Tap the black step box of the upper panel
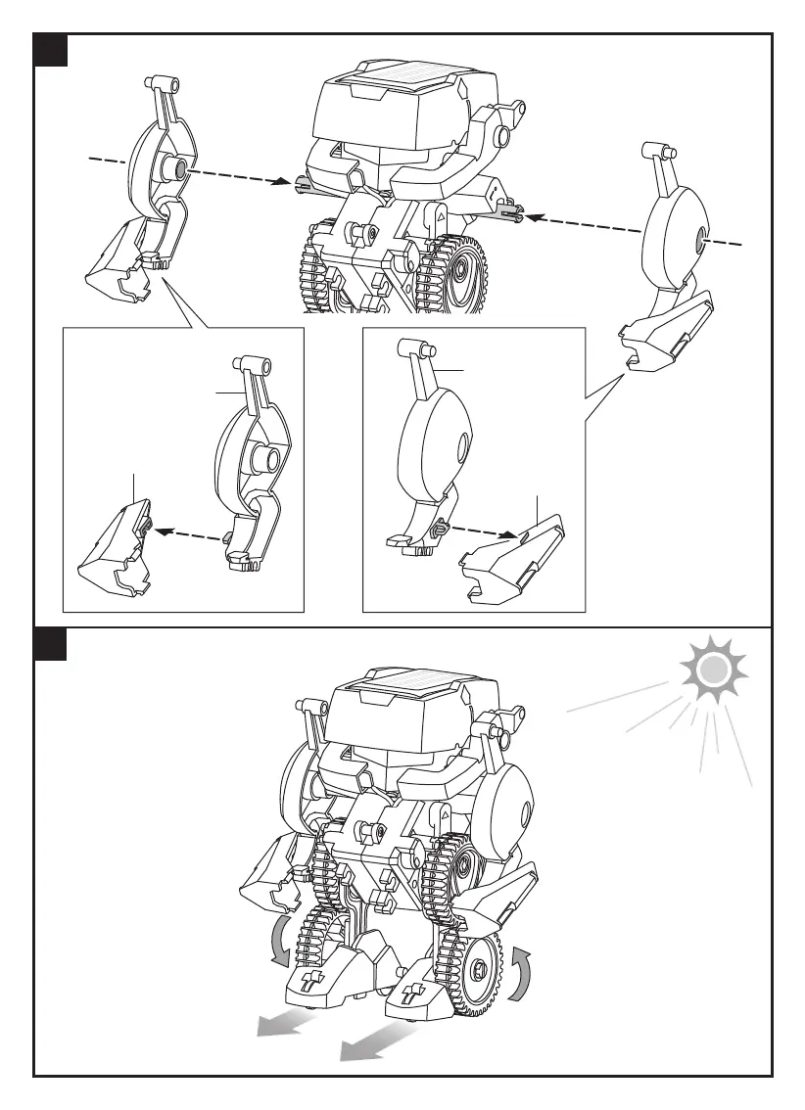[50, 50]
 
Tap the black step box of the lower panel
[50, 643]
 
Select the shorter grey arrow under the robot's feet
[284, 1023]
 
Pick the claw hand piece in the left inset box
[116, 548]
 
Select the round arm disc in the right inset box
[437, 446]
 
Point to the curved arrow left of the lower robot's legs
[280, 939]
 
